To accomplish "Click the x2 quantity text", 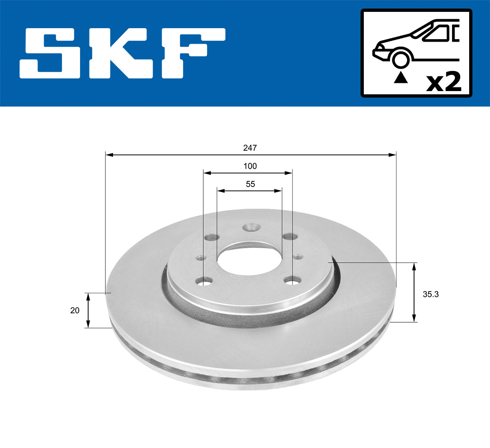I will pos(443,82).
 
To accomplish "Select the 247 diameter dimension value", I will pos(250,148).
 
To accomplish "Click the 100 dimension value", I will pos(250,166).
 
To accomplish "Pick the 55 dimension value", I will pos(250,184).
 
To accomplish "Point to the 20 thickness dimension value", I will pos(75,310).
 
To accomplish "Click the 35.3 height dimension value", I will pos(430,294).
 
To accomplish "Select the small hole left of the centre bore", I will pos(200,258).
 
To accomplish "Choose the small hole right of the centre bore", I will pos(298,256).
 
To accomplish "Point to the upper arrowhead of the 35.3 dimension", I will pos(414,266).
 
